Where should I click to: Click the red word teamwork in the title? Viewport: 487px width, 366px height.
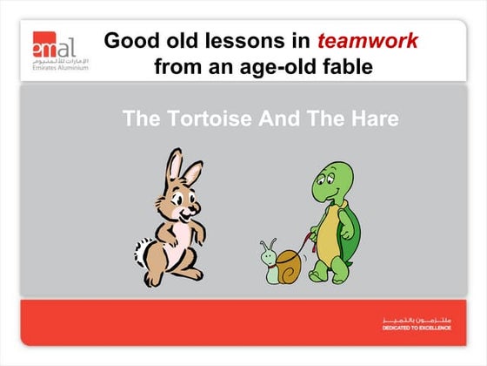click(367, 41)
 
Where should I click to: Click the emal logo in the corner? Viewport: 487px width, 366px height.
click(54, 45)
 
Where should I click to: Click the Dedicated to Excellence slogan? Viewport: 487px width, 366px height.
click(417, 327)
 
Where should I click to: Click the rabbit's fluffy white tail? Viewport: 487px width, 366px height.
click(143, 252)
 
